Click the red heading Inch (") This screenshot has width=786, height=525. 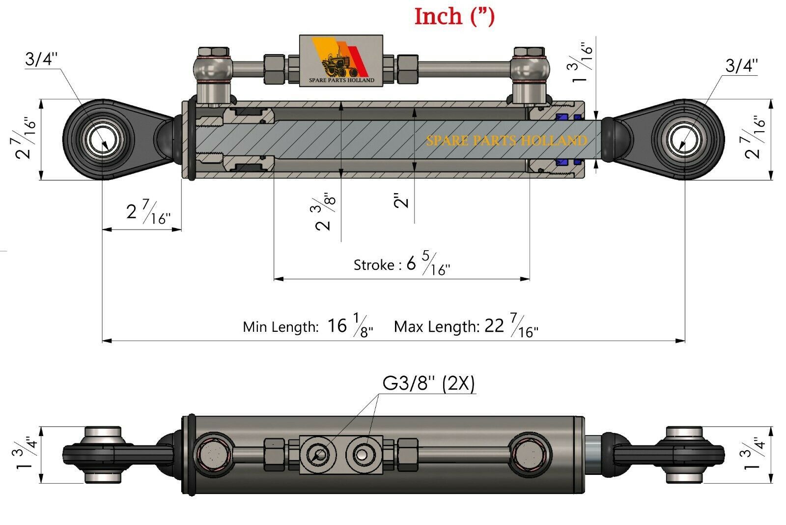[x=454, y=16]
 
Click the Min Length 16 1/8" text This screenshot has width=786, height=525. [x=308, y=326]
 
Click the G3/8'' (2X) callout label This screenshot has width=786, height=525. [x=428, y=383]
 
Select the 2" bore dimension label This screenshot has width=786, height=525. [x=401, y=200]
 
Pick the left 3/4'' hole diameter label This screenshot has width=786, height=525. [x=41, y=59]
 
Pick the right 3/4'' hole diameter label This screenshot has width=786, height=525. [x=742, y=65]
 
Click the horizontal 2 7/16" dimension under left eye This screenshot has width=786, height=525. [x=147, y=212]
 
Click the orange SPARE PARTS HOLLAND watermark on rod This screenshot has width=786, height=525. [x=506, y=141]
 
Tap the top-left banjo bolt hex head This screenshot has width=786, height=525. [x=213, y=53]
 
